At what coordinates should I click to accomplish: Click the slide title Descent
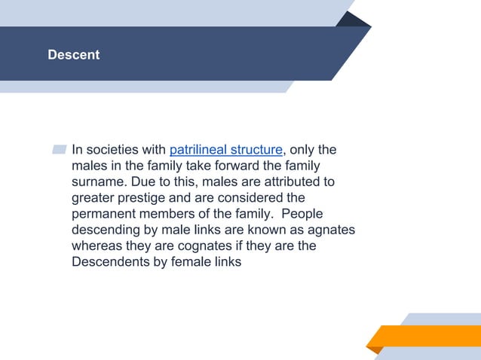(73, 55)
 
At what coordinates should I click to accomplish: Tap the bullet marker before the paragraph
(60, 150)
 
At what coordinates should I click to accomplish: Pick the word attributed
(290, 182)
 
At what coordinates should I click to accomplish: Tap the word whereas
(97, 246)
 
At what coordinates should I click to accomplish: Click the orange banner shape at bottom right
(427, 336)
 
